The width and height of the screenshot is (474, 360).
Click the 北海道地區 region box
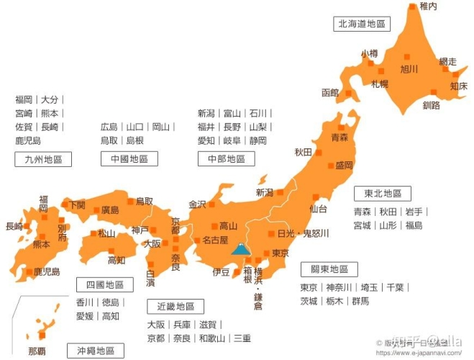[x=361, y=24]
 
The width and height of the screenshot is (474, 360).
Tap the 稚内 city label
[x=428, y=6]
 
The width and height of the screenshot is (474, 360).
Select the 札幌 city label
[x=380, y=84]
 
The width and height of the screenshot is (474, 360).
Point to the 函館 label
[x=330, y=93]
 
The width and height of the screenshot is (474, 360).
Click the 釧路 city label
[x=432, y=105]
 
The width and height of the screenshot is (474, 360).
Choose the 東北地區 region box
[x=383, y=194]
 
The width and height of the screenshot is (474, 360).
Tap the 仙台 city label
[x=319, y=210]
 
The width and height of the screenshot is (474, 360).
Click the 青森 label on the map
[x=339, y=137]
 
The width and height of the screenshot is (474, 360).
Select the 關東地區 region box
[x=329, y=269]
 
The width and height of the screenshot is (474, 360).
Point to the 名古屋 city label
[x=214, y=240]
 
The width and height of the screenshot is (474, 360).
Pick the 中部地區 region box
[x=226, y=159]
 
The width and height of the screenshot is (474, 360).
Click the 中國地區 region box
[x=129, y=159]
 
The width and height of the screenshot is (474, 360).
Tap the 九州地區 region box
[x=43, y=160]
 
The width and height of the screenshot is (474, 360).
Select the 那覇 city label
[x=37, y=351]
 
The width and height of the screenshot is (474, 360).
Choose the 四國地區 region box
[x=104, y=285]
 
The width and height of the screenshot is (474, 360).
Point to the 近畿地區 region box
[x=176, y=307]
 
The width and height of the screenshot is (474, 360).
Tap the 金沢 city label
[x=197, y=204]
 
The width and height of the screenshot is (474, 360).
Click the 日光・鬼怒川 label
[x=303, y=234]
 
